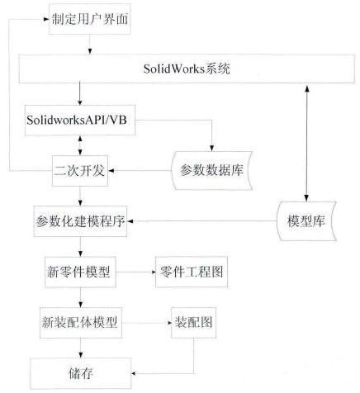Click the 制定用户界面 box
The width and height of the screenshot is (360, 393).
(90, 19)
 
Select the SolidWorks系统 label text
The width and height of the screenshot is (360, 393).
(187, 69)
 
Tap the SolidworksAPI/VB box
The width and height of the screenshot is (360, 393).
(80, 121)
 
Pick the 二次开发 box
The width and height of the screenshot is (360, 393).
(80, 171)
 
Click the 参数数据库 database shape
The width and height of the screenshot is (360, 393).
(212, 170)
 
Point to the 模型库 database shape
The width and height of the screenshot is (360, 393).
(306, 221)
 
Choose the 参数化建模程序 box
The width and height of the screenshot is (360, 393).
(80, 221)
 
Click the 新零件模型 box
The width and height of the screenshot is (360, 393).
(80, 272)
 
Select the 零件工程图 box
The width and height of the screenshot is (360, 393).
(192, 272)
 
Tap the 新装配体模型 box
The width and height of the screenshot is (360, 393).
(81, 323)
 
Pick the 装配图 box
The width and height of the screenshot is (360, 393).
(193, 323)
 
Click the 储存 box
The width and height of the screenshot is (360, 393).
(80, 373)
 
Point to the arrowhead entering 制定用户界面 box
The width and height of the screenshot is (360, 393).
(46, 19)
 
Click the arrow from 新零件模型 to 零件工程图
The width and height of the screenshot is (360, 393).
(135, 272)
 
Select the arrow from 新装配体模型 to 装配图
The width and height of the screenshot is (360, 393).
(146, 323)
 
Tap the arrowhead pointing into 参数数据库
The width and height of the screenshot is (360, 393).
(211, 148)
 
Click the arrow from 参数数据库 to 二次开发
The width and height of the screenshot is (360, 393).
(140, 171)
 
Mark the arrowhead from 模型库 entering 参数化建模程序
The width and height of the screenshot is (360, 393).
(130, 221)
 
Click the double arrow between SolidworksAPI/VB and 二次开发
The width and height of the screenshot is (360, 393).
(80, 145)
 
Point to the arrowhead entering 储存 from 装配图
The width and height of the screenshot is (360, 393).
(135, 373)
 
